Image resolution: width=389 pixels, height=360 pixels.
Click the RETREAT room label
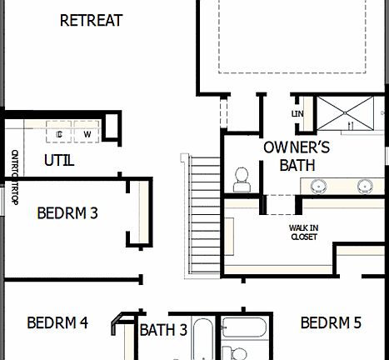(92, 20)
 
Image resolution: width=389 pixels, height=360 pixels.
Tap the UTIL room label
(58, 160)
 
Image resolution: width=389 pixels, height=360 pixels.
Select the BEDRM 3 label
(68, 212)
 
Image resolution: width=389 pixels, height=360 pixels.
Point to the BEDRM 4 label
(57, 322)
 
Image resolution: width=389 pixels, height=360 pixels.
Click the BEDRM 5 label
(331, 322)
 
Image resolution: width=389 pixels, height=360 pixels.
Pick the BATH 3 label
(162, 330)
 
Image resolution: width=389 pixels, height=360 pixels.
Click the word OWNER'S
(297, 147)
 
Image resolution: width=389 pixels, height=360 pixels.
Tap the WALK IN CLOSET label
(304, 231)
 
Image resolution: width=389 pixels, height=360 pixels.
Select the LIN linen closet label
(297, 113)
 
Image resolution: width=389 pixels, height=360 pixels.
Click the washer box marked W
(87, 133)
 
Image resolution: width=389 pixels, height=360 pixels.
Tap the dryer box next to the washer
(60, 133)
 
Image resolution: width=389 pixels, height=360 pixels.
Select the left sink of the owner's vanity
(320, 185)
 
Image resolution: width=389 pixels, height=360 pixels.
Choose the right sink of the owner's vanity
(364, 185)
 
